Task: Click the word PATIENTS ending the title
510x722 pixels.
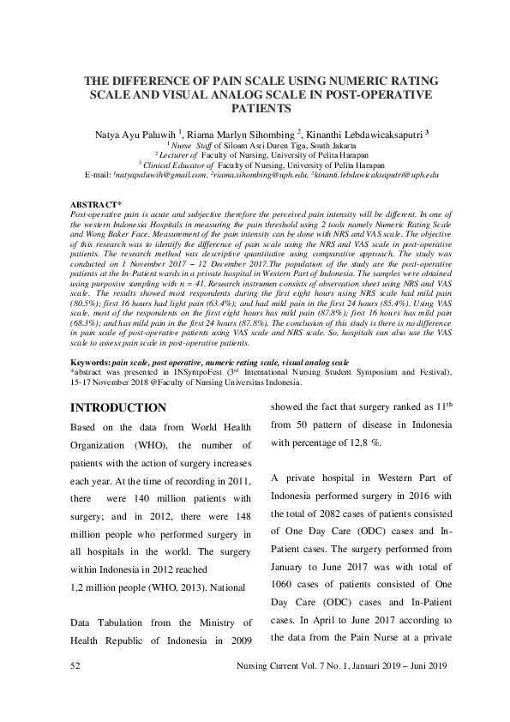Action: [x=255, y=110]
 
